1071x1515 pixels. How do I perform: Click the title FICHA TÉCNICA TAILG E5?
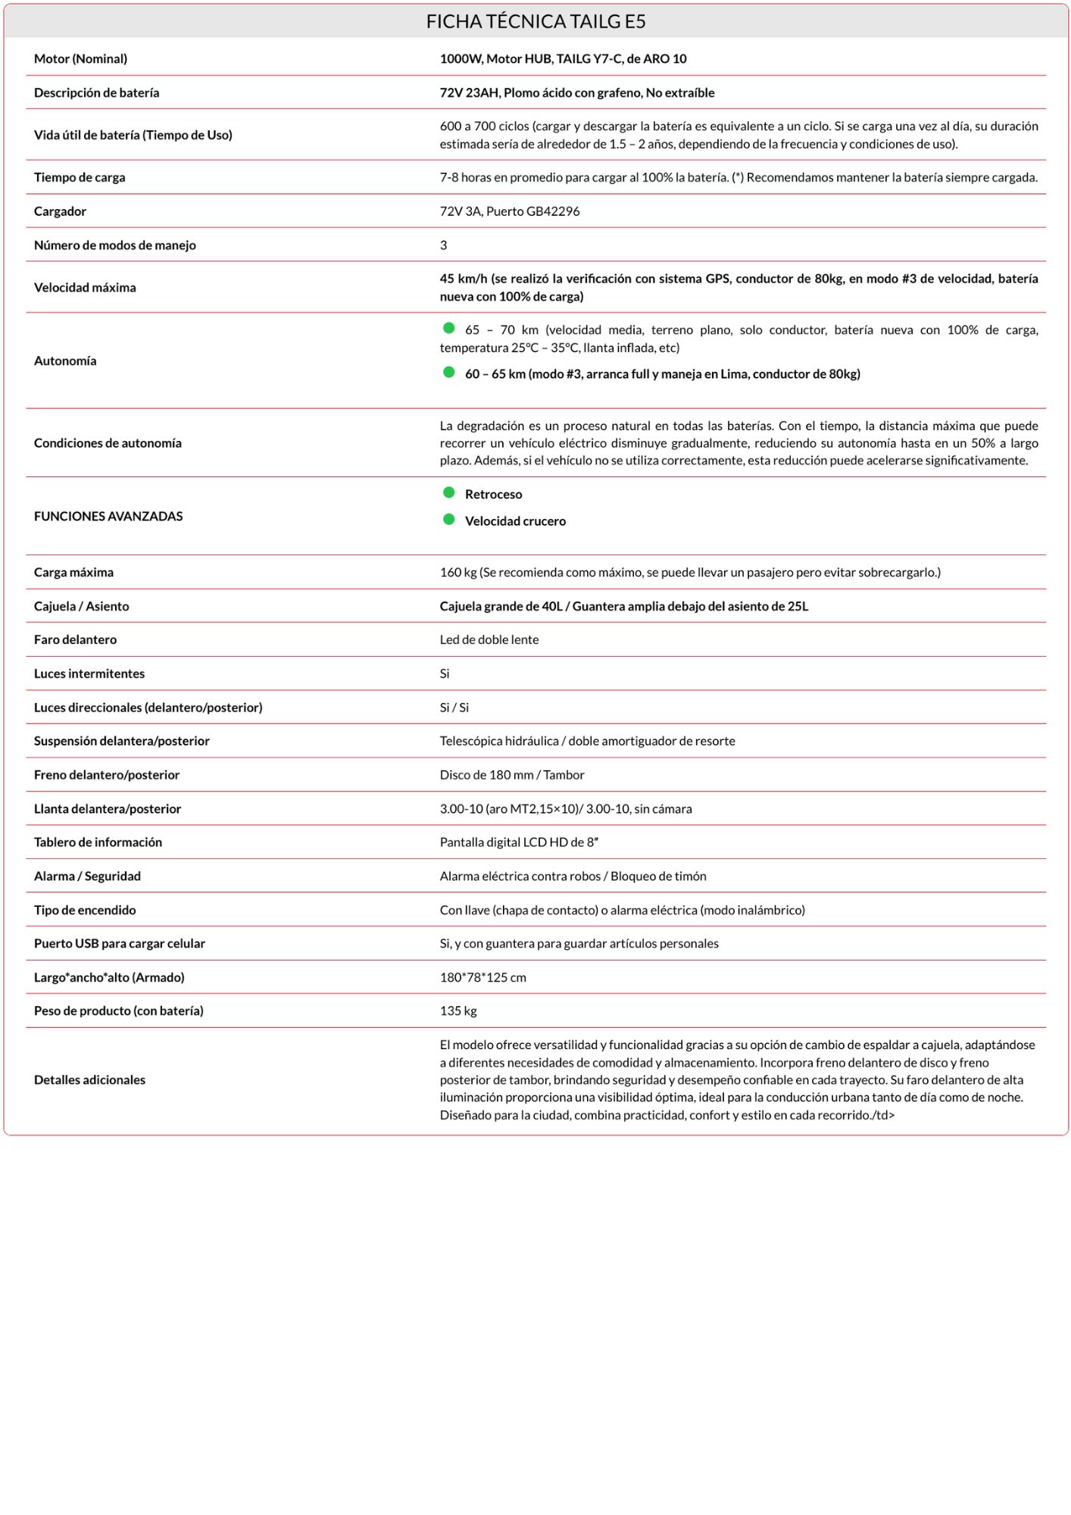(535, 21)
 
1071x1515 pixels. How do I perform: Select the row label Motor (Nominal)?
(80, 58)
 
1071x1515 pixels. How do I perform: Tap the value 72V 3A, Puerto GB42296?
(509, 211)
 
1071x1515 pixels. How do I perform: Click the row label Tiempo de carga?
(80, 177)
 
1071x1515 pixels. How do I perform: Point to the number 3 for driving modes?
(443, 245)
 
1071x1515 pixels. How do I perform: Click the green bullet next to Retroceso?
(449, 492)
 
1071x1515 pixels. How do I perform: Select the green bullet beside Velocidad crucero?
(449, 519)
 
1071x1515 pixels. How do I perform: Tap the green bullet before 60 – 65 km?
(449, 372)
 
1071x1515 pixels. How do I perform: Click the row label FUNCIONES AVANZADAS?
(108, 516)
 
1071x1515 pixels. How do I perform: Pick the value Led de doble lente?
(489, 639)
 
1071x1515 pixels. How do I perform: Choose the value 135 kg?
(458, 1011)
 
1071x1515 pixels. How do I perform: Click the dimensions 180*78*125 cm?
(482, 977)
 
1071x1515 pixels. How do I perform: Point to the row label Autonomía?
(65, 361)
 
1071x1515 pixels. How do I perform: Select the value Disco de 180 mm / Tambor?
(512, 775)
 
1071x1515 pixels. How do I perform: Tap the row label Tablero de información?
(98, 842)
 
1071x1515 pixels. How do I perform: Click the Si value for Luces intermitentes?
(445, 673)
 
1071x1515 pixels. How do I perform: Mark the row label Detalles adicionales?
(89, 1079)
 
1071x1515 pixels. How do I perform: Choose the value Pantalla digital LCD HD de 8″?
(519, 842)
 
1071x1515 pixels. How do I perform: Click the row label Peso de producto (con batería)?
(118, 1011)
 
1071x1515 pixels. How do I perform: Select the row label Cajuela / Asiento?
(81, 606)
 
